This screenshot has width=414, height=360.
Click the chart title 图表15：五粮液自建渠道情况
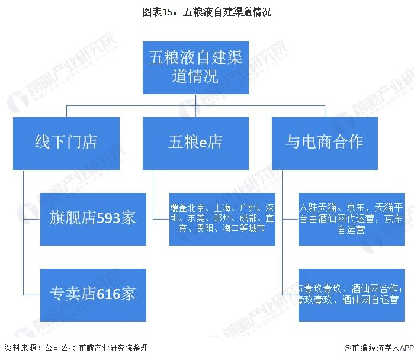pyautogui.click(x=207, y=11)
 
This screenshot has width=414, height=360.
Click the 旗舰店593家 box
pyautogui.click(x=93, y=218)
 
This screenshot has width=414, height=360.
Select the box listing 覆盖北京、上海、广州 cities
pyautogui.click(x=222, y=218)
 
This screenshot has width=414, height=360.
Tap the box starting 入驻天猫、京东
pyautogui.click(x=351, y=218)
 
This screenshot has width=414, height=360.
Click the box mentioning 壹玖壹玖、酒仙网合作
pyautogui.click(x=351, y=294)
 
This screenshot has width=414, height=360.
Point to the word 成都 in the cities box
pyautogui.click(x=246, y=218)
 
